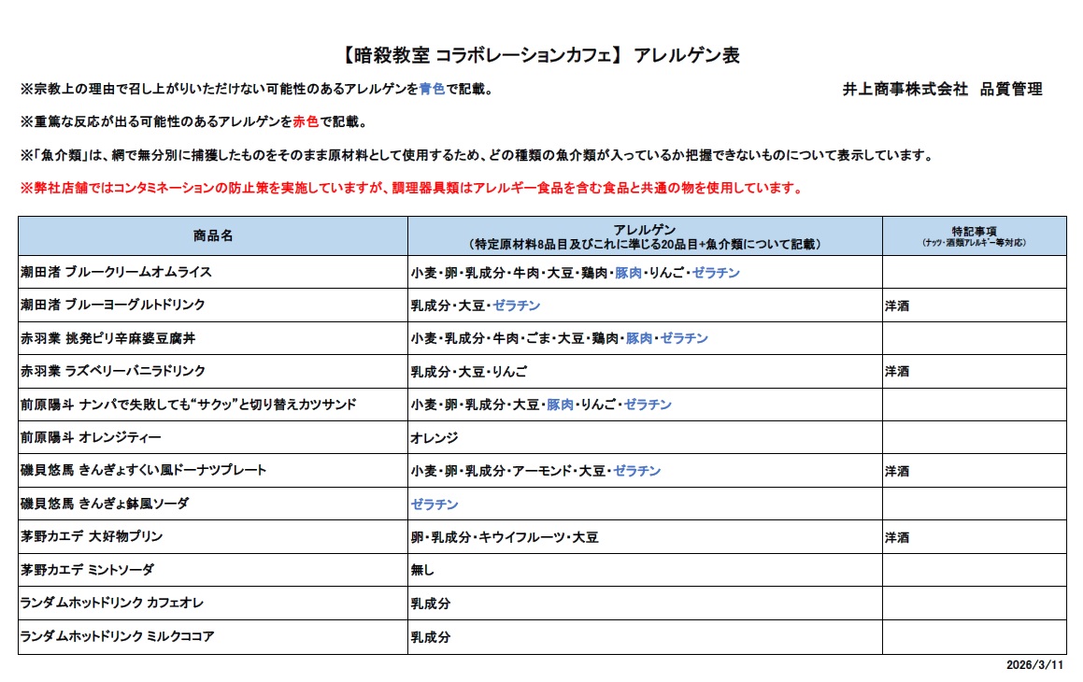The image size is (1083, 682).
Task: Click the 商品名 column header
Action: [x=213, y=235]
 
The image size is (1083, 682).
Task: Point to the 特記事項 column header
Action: [x=974, y=231]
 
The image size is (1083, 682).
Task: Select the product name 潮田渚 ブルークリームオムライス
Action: [x=116, y=273]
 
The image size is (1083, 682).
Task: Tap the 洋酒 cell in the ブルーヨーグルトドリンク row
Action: [x=897, y=305]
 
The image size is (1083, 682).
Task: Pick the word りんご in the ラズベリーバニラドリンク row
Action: [x=510, y=372]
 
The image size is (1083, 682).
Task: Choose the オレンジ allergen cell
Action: [x=435, y=437]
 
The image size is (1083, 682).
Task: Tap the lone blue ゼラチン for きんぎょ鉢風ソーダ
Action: [x=435, y=504]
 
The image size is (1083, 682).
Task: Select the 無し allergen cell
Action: [x=423, y=570]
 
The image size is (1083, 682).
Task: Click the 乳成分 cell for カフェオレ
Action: [x=431, y=604]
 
